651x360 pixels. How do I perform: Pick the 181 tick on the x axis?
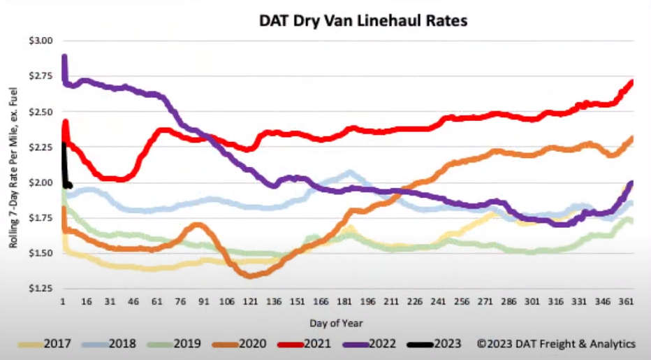pos(349,302)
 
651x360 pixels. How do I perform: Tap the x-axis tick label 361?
pos(625,302)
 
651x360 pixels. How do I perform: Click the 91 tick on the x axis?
pos(203,302)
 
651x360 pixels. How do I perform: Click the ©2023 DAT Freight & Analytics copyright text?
pos(556,344)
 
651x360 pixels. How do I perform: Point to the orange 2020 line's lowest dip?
pos(251,275)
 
